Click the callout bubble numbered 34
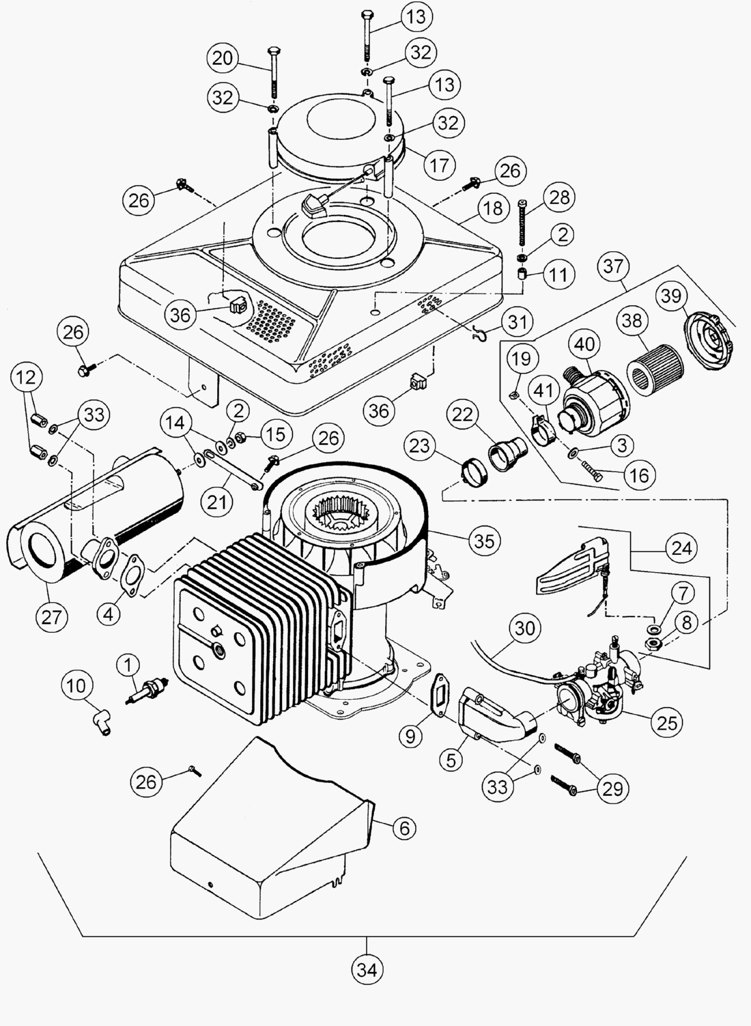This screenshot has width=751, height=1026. pos(367,969)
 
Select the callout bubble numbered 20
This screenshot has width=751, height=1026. pos(223,59)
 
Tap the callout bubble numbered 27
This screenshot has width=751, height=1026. pos(51,617)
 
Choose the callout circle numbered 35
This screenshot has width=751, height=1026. pos(483,541)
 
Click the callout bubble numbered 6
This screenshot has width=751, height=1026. pos(404,828)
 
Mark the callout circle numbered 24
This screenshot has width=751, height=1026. pos(681,547)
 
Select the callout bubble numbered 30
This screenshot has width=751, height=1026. pos(524,627)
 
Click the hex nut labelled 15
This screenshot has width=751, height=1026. pos(240,438)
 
